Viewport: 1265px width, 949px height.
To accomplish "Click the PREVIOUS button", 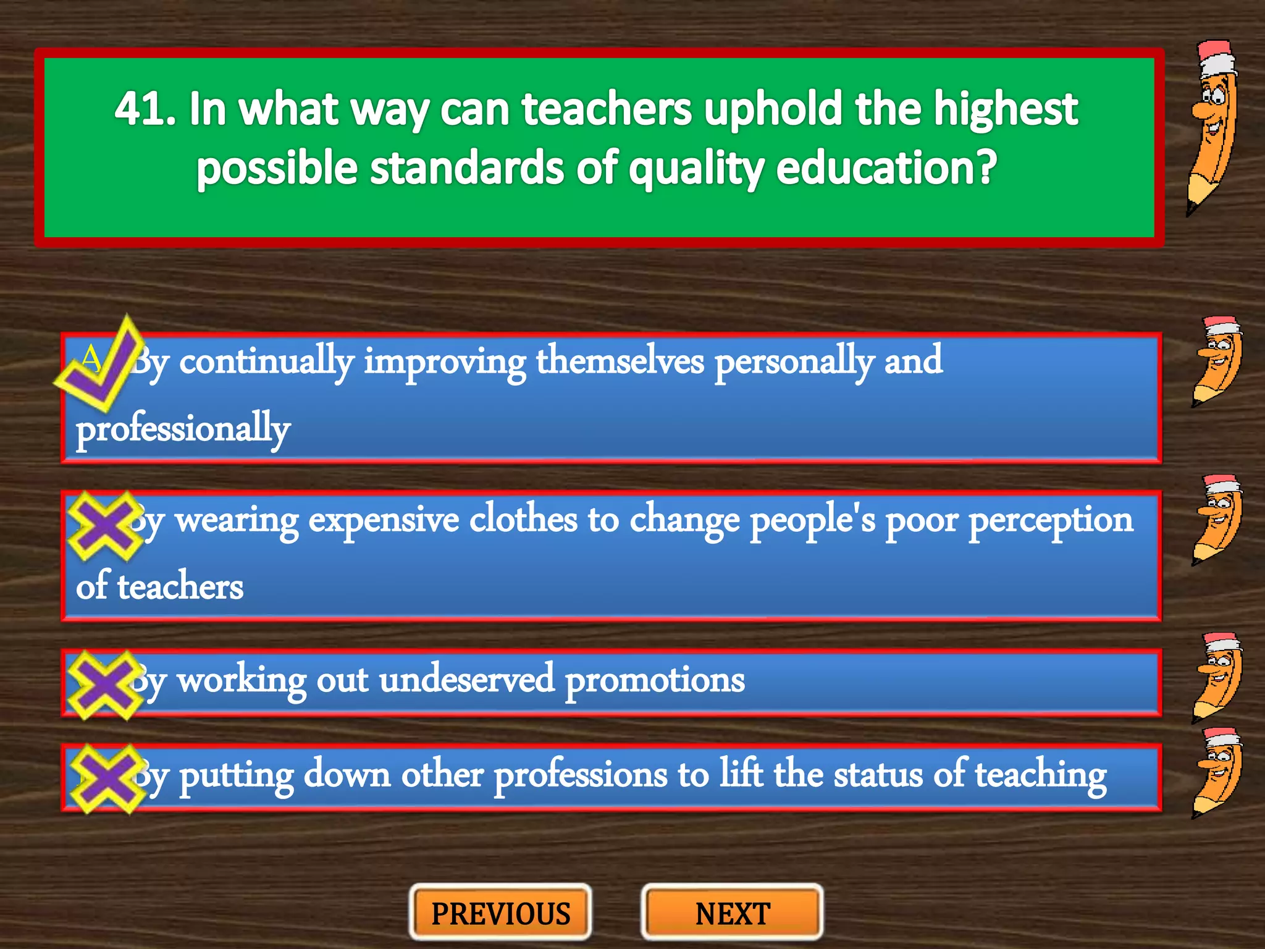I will tap(500, 913).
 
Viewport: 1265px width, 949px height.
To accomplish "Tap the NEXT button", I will tap(733, 913).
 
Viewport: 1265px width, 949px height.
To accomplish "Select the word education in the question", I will tap(877, 168).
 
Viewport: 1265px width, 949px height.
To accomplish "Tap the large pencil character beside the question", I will tap(1213, 127).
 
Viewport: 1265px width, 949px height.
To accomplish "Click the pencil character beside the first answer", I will tap(1217, 361).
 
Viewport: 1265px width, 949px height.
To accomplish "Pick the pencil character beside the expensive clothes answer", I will tap(1217, 519).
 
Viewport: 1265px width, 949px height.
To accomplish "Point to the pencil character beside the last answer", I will tap(1217, 773).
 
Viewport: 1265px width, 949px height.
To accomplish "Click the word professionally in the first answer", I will tap(183, 429).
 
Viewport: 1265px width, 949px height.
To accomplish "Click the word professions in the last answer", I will tap(581, 775).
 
